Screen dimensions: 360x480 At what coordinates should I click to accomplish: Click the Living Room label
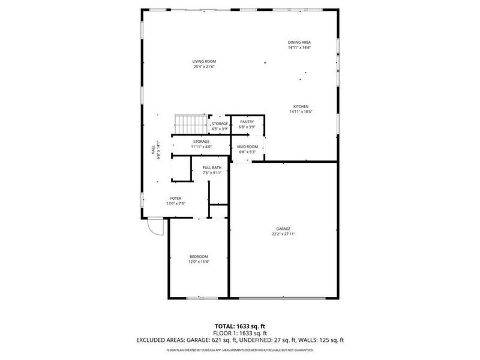(x=204, y=62)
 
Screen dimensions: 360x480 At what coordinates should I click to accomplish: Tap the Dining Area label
(x=299, y=42)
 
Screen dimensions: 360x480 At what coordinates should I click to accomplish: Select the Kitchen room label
(x=301, y=106)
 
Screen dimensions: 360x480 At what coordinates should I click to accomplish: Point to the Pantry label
(x=247, y=122)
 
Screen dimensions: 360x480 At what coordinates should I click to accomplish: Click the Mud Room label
(x=247, y=146)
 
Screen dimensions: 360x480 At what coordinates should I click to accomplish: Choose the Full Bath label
(x=212, y=168)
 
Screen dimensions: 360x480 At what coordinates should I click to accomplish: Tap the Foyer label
(x=175, y=198)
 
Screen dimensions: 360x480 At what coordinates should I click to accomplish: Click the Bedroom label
(x=198, y=256)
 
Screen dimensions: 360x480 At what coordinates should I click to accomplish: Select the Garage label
(x=283, y=229)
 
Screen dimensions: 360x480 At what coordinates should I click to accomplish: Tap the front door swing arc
(x=155, y=228)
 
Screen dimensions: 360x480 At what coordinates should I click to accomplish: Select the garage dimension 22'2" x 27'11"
(x=283, y=234)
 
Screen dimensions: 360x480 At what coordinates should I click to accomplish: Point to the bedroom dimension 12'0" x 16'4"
(x=198, y=262)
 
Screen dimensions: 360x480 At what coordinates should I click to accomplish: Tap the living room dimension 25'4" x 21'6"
(x=204, y=67)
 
